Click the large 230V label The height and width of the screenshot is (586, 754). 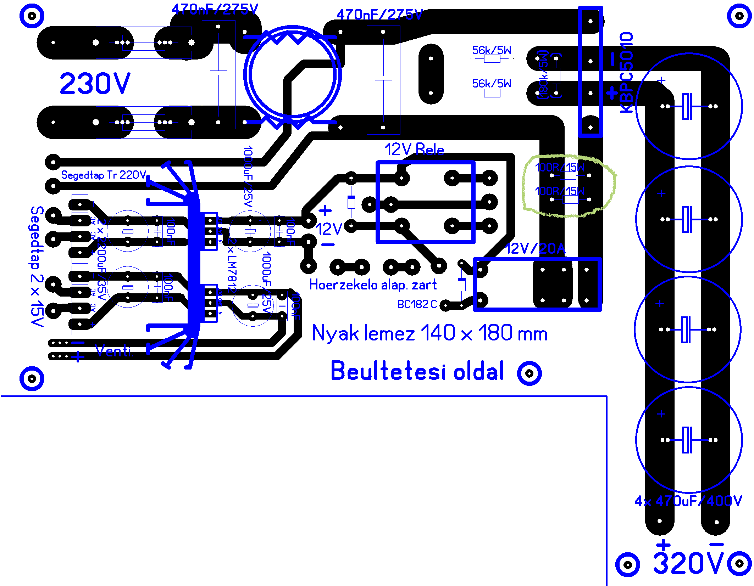coord(95,84)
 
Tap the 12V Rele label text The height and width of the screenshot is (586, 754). coord(414,150)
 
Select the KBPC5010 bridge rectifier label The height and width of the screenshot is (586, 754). coord(626,73)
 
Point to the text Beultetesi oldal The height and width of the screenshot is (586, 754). coord(417,371)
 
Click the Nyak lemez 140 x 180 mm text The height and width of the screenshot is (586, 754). coord(429,333)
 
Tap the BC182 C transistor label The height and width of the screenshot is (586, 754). coord(417,304)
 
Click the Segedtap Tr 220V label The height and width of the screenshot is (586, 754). coord(104,175)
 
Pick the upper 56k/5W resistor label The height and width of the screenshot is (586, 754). coord(492,50)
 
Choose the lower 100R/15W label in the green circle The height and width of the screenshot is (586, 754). coord(560,191)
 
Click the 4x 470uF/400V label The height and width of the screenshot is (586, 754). coord(688,501)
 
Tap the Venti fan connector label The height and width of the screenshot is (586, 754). coord(114,351)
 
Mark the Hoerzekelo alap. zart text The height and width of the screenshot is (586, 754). coord(373,285)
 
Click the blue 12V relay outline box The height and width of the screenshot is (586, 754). coord(426,163)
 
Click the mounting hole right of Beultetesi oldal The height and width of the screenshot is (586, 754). coord(529,373)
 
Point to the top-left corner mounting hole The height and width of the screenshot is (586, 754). coord(32,16)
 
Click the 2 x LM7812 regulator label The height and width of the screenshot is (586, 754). coord(232,264)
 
